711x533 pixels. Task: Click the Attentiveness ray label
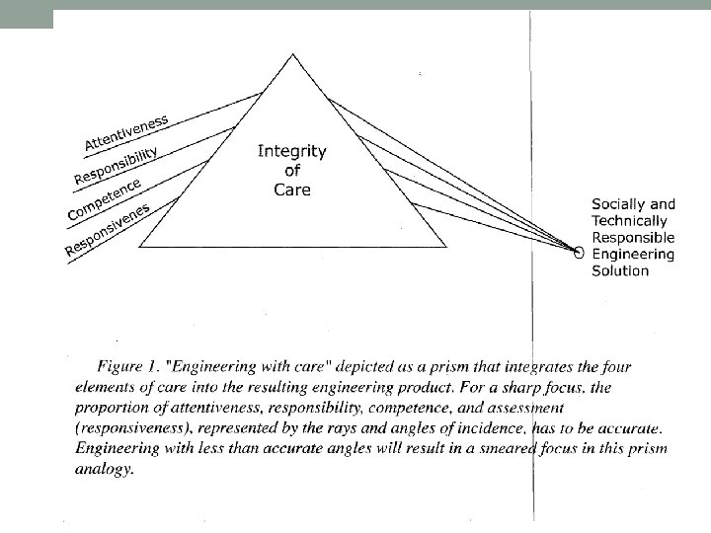[126, 132]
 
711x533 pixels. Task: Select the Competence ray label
[104, 199]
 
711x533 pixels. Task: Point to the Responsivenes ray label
[108, 229]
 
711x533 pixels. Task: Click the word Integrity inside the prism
[291, 151]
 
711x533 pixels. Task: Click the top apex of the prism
[292, 55]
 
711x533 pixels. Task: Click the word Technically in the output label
[629, 221]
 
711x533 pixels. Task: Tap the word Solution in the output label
[620, 270]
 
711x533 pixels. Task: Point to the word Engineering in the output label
[633, 254]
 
